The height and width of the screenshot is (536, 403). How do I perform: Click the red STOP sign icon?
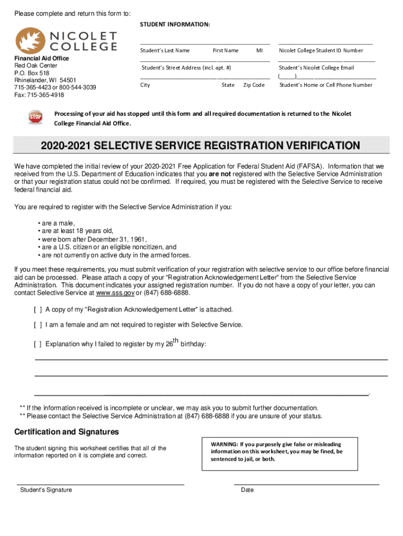click(x=36, y=117)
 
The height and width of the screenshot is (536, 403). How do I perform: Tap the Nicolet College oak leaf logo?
click(x=31, y=40)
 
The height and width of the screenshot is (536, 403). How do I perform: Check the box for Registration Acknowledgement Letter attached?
click(x=38, y=309)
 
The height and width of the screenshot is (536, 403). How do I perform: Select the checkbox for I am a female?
click(x=38, y=325)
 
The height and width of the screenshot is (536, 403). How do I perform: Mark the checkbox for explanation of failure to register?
click(x=38, y=344)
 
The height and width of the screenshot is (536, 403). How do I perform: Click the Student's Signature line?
click(x=100, y=485)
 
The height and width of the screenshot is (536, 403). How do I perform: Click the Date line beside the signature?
click(x=306, y=485)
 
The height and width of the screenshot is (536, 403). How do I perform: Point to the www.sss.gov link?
click(x=112, y=293)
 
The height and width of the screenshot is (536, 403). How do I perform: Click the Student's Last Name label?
click(x=165, y=51)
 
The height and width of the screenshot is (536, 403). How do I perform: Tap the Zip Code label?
click(x=254, y=85)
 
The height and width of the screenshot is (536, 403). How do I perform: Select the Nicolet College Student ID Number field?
click(x=326, y=43)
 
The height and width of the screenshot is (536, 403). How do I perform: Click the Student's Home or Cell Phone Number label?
click(x=326, y=85)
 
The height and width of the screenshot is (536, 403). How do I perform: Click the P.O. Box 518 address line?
click(x=31, y=73)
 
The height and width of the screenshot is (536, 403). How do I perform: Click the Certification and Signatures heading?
click(x=66, y=432)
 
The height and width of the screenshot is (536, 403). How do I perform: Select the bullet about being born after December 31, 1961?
click(x=92, y=239)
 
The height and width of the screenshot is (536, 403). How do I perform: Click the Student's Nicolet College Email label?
click(x=317, y=68)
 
